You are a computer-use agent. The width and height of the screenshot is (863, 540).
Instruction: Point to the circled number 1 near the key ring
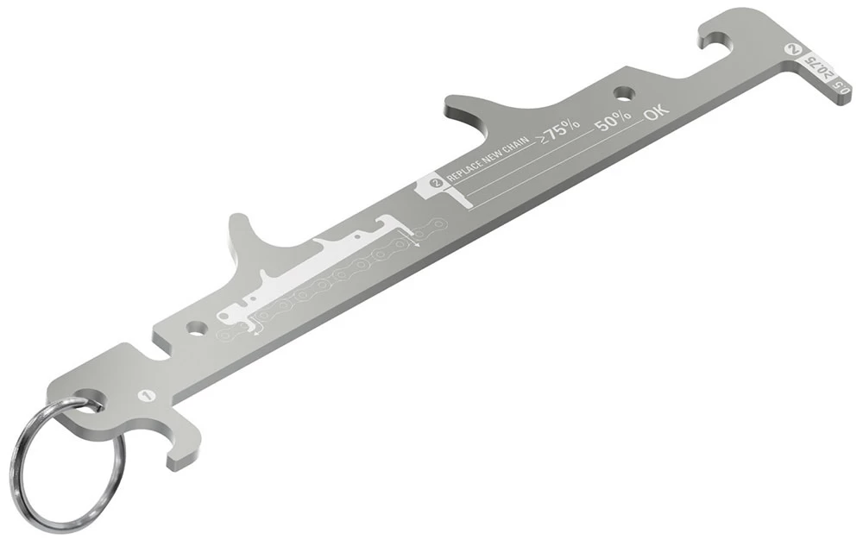146,395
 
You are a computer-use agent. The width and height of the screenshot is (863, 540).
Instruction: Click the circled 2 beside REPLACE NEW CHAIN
436,182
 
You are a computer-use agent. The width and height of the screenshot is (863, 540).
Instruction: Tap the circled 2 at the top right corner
791,50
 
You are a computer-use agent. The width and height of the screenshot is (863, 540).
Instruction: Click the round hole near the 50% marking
622,91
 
